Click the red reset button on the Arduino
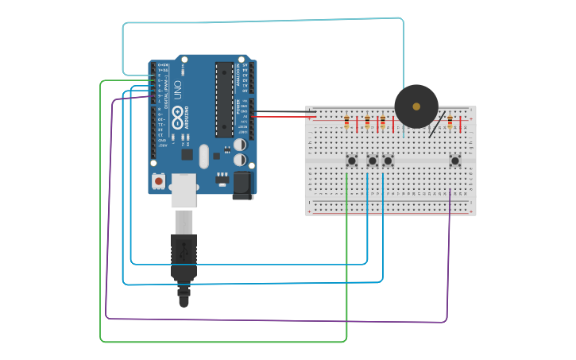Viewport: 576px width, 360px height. [x=158, y=182]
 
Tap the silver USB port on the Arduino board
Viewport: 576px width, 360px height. [x=184, y=191]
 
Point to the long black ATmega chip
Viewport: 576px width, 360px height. [x=224, y=99]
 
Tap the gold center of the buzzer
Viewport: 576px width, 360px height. [x=416, y=106]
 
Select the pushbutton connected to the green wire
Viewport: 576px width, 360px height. [x=351, y=161]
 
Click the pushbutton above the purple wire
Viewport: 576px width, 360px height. [x=454, y=161]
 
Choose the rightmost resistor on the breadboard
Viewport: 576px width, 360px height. [x=450, y=122]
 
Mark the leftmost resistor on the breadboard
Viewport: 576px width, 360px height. [x=347, y=122]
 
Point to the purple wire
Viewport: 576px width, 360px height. [x=278, y=320]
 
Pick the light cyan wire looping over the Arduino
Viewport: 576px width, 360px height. [x=262, y=21]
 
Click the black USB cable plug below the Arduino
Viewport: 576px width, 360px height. [x=184, y=254]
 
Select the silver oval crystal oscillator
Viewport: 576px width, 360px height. [x=204, y=156]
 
